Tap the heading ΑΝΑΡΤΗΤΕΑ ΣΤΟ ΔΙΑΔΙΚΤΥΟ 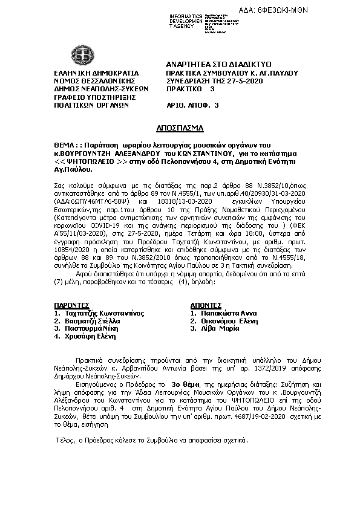(x=218, y=64)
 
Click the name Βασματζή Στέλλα (x=91, y=321)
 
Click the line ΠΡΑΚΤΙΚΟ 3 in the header (x=191, y=88)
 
